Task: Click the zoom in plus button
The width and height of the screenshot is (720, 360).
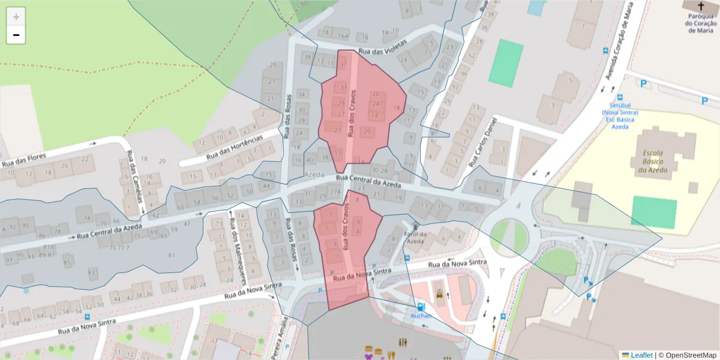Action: pyautogui.click(x=16, y=17)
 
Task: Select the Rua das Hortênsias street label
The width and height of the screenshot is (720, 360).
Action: pyautogui.click(x=235, y=147)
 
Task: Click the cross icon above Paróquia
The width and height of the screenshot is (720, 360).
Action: pyautogui.click(x=701, y=5)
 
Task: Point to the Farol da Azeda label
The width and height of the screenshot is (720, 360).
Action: pyautogui.click(x=416, y=238)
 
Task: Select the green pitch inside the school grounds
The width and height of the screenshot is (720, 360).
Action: pyautogui.click(x=653, y=212)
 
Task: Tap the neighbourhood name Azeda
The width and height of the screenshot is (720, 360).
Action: pyautogui.click(x=314, y=173)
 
